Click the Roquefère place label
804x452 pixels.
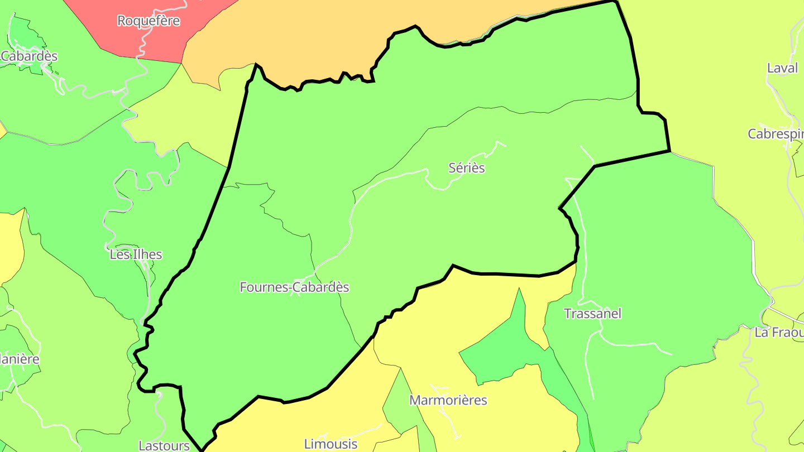149,21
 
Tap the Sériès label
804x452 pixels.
467,168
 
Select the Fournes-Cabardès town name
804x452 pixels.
294,287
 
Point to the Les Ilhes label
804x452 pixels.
136,255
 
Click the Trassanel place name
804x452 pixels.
592,314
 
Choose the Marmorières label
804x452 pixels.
448,401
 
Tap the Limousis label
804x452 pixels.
331,444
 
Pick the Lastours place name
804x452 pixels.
164,445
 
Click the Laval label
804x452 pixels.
782,69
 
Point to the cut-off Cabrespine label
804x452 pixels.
776,134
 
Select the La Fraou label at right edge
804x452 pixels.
779,333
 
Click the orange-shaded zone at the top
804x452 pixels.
290,39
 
